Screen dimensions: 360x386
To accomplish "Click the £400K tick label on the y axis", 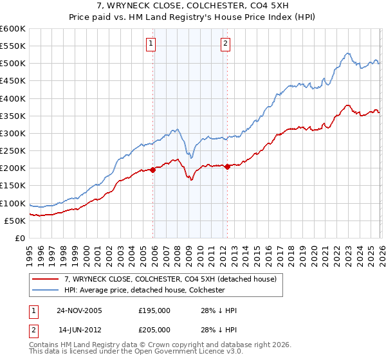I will tap(12, 98).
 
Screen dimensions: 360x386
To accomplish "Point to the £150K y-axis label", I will tap(12, 186).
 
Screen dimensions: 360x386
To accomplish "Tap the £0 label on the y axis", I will tap(19, 239).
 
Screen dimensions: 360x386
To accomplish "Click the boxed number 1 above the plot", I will tap(151, 44).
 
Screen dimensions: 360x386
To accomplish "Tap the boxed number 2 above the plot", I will tap(226, 44).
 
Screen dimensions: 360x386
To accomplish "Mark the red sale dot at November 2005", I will tap(152, 170).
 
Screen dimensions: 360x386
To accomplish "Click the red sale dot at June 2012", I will tap(227, 166).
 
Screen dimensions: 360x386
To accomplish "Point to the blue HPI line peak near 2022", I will tap(347, 53).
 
